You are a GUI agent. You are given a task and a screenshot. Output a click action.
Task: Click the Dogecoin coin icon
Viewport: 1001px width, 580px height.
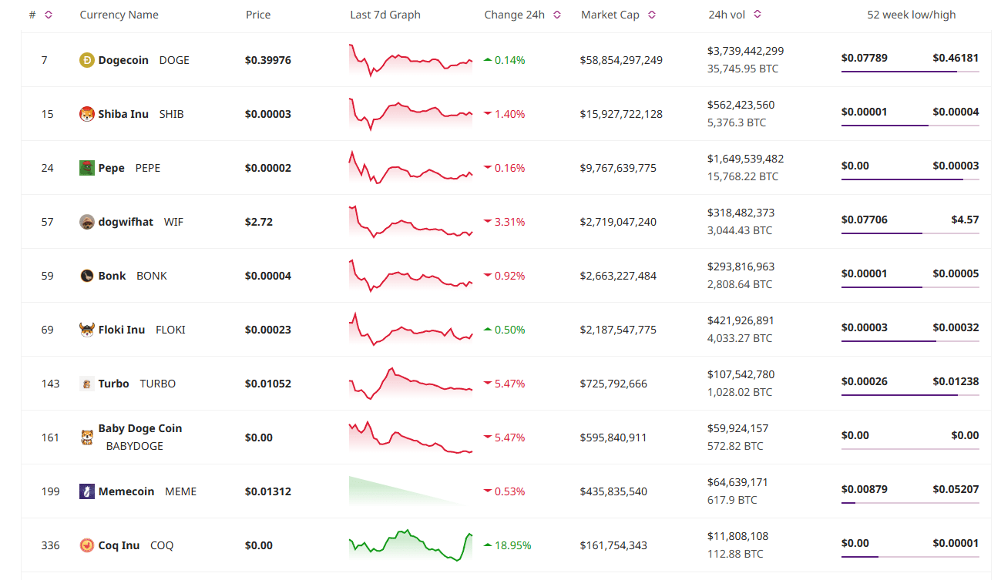(87, 60)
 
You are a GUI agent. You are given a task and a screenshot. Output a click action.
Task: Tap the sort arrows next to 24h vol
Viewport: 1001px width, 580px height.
(757, 15)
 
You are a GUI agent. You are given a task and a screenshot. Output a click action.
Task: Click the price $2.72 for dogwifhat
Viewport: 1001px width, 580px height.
(259, 222)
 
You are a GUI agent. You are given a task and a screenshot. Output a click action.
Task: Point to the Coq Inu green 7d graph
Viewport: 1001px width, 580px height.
(411, 545)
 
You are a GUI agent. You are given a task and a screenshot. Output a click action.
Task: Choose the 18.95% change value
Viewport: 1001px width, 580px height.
(512, 545)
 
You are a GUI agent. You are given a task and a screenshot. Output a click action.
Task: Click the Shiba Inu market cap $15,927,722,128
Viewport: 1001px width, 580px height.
(621, 114)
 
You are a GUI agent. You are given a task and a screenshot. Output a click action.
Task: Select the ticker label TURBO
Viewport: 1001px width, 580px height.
(157, 384)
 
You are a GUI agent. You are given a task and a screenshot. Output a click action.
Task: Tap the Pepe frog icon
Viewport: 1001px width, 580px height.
(87, 168)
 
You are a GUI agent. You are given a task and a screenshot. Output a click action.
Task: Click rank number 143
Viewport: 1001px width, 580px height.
(50, 384)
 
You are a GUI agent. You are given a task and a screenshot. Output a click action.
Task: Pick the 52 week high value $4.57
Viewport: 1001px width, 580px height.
(965, 220)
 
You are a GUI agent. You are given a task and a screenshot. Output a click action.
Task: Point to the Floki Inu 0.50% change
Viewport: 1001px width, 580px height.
(509, 330)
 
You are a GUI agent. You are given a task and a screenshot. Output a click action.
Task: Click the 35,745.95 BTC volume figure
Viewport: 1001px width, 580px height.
(743, 69)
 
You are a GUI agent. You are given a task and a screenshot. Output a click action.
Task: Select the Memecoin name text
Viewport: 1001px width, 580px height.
(126, 491)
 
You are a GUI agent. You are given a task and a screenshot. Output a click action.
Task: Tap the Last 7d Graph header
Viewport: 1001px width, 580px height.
(385, 15)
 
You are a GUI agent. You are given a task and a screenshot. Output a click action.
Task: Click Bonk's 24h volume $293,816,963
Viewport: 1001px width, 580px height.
(741, 267)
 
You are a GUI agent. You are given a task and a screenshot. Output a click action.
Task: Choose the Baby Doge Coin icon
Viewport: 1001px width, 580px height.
(87, 438)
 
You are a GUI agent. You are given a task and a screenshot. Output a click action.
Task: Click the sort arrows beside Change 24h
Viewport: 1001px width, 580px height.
(557, 15)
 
